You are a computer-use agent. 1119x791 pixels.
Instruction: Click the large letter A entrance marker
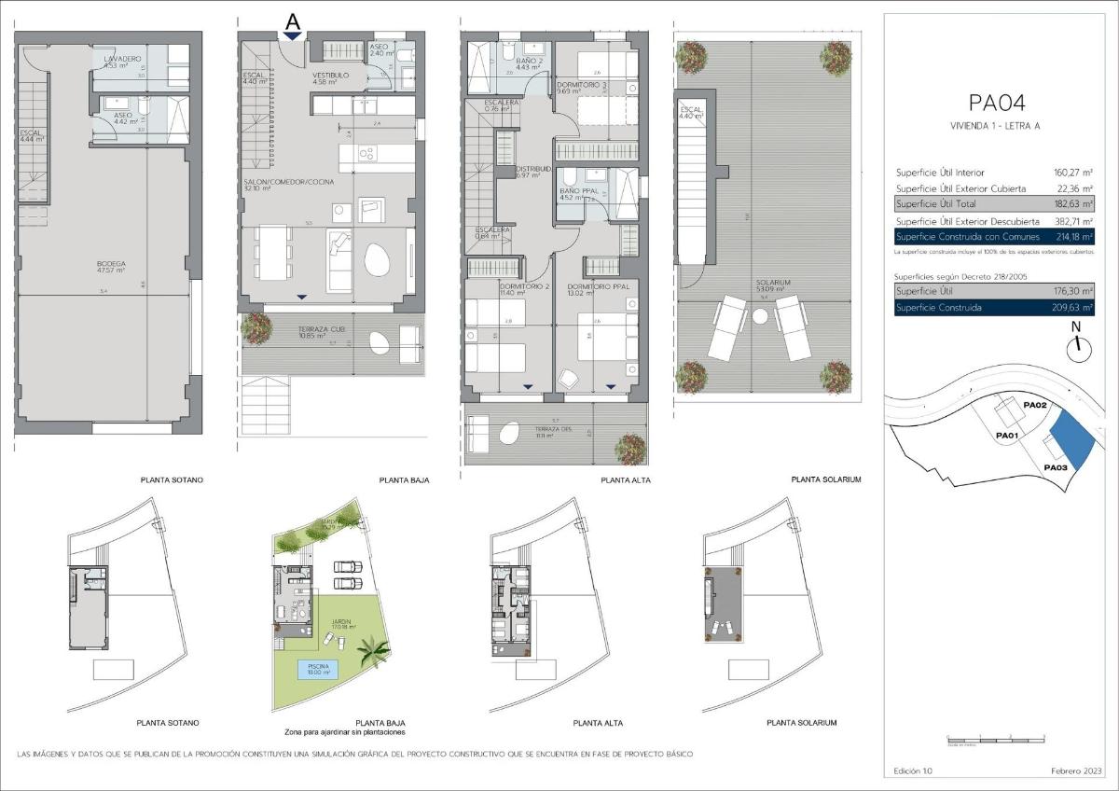(x=293, y=20)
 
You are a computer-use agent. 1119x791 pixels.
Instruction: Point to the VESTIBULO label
(x=330, y=75)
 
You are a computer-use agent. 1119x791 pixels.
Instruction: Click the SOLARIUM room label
(x=774, y=282)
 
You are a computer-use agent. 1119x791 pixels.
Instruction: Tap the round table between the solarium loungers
(x=761, y=317)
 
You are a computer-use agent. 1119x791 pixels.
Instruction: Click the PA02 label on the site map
(x=1036, y=406)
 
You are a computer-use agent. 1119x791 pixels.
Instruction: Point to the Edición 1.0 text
(x=912, y=771)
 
